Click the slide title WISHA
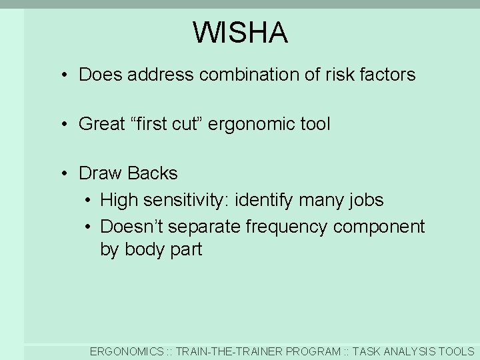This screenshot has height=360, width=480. pyautogui.click(x=240, y=33)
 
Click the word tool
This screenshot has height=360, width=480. pyautogui.click(x=315, y=124)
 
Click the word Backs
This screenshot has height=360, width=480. pyautogui.click(x=152, y=173)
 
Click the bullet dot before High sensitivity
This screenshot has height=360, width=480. pyautogui.click(x=87, y=201)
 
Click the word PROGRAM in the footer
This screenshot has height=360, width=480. pyautogui.click(x=312, y=351)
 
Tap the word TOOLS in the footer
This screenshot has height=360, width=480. pyautogui.click(x=458, y=351)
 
